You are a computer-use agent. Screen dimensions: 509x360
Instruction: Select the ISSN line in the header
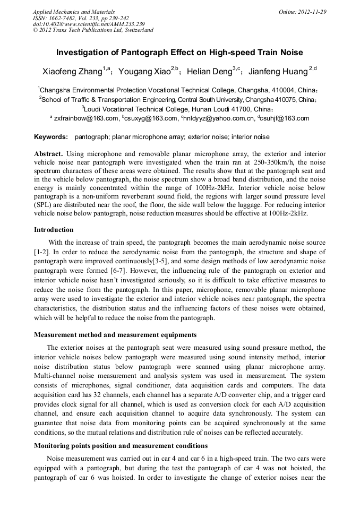tap(81, 18)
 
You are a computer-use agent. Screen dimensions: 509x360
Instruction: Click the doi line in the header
tap(89, 24)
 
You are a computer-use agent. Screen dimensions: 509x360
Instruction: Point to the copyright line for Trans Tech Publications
tap(93, 30)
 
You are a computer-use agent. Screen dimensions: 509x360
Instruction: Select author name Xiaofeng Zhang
tap(72, 72)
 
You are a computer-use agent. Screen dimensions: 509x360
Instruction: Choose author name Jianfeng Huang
tap(278, 72)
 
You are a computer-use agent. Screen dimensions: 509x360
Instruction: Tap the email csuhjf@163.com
tap(285, 118)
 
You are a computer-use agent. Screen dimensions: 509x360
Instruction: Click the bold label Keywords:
tap(51, 137)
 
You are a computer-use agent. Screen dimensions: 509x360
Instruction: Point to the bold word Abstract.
tap(49, 153)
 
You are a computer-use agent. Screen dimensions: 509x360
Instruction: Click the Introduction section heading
tap(54, 230)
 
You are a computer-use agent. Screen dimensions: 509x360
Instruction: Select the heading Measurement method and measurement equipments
tap(115, 335)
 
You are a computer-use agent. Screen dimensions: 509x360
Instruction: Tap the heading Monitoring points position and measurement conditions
tap(121, 445)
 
